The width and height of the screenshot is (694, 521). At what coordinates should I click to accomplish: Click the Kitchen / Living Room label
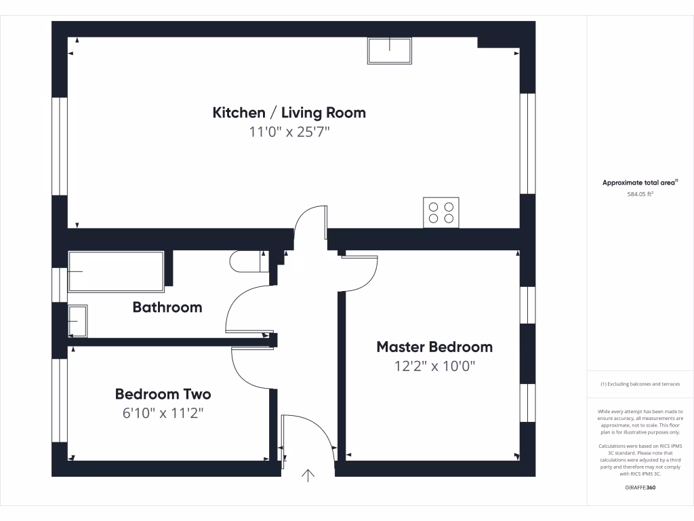coord(289,113)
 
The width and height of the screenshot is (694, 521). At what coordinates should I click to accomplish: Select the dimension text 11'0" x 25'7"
coord(289,132)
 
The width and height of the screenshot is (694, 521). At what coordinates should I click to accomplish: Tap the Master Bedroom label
coord(434,347)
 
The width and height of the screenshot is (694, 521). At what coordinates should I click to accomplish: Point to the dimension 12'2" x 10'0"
coord(434,367)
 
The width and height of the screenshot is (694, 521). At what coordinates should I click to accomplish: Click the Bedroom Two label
coord(163,394)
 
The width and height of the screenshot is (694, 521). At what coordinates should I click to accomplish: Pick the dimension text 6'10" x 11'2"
coord(163,413)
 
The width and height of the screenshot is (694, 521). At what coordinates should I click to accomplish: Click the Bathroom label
coord(167,307)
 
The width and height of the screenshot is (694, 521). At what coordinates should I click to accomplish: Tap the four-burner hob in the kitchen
coord(441,212)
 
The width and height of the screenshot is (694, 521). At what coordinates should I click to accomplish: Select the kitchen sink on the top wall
coord(390,51)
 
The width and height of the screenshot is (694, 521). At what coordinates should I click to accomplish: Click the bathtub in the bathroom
coord(116,271)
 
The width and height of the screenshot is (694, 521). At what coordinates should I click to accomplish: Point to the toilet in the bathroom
coord(247,261)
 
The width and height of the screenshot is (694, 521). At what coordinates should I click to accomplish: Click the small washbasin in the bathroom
coord(77,320)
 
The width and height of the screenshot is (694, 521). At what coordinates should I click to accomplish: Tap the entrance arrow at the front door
coord(308,476)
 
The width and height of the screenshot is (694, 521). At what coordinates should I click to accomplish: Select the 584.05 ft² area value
coord(640,194)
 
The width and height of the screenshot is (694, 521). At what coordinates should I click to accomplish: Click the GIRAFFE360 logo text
coord(640,488)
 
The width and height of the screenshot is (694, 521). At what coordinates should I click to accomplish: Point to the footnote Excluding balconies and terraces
coord(640,384)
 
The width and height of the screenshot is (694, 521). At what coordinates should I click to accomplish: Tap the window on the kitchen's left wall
coord(60,147)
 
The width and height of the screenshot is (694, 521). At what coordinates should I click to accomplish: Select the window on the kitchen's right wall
coord(527,143)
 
